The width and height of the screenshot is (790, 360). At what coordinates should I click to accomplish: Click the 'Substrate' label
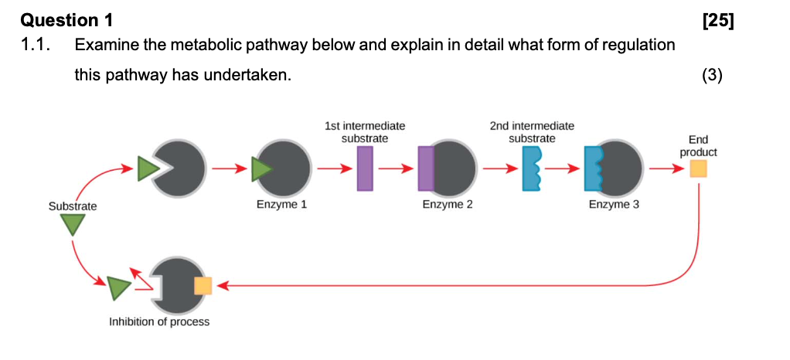[73, 206]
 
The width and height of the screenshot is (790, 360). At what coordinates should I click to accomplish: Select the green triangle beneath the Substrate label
[73, 225]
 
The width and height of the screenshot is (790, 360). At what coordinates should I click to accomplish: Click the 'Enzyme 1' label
[282, 205]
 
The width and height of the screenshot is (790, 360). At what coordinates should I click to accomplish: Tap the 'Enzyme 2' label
[448, 205]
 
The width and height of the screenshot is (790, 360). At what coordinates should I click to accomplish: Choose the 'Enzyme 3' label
[614, 205]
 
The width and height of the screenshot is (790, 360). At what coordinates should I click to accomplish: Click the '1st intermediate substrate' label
[365, 132]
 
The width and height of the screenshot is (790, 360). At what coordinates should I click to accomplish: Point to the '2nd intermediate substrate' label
[532, 132]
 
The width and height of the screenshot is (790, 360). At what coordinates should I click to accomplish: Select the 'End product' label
[698, 146]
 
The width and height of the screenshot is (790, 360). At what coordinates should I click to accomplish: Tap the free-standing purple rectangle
[365, 168]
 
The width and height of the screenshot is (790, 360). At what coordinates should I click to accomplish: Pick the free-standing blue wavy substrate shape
[533, 168]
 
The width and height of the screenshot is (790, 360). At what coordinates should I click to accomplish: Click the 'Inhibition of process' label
[159, 321]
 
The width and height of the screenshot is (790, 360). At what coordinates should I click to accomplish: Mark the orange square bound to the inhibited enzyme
[203, 286]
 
